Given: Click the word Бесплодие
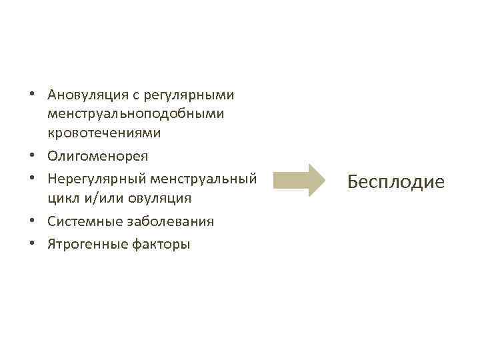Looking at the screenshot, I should pyautogui.click(x=395, y=181).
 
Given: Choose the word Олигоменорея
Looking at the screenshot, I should pyautogui.click(x=97, y=155).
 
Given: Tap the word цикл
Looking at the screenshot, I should pyautogui.click(x=62, y=198).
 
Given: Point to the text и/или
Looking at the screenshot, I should pyautogui.click(x=99, y=198).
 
